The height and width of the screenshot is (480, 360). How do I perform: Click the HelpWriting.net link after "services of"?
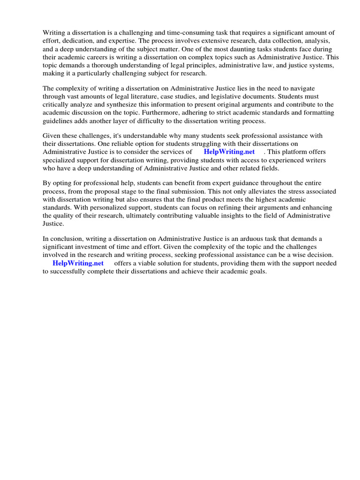(229, 152)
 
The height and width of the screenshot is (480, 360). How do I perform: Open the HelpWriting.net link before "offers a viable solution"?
(78, 263)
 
